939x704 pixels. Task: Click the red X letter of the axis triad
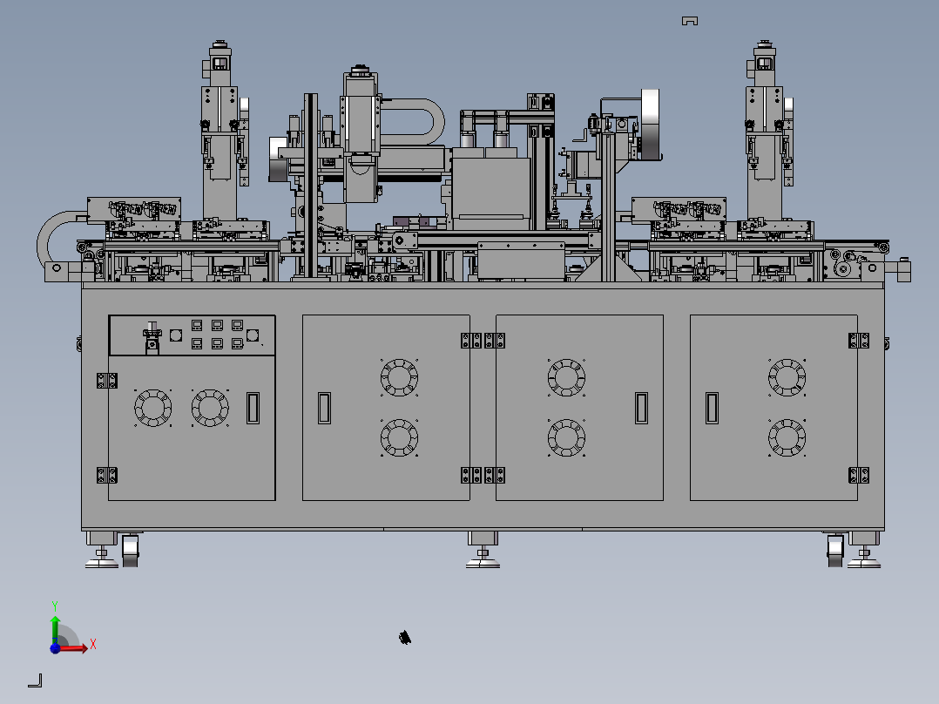tap(93, 644)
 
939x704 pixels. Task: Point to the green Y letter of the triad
tap(55, 606)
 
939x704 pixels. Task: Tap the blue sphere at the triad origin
tap(55, 648)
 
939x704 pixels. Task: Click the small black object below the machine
tap(405, 638)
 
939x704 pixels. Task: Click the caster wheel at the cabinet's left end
tap(131, 551)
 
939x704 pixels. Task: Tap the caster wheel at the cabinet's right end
tap(834, 551)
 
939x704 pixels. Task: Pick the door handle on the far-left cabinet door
tap(253, 408)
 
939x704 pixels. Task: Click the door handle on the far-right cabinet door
tap(712, 408)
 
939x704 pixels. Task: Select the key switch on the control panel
tap(152, 337)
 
